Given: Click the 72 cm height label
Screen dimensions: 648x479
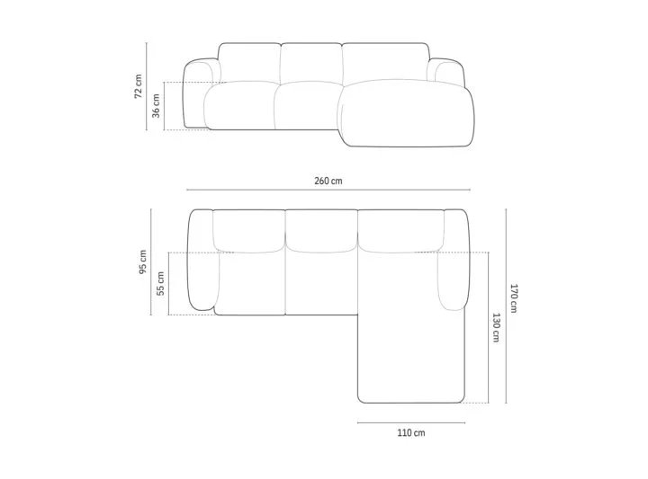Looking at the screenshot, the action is (139, 86).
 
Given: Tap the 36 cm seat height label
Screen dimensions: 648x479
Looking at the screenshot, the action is (156, 106).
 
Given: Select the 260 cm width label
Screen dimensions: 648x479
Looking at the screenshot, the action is (328, 181).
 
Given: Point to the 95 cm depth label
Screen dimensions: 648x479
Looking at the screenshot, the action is (142, 262).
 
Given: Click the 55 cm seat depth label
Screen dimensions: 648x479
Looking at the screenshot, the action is (161, 283).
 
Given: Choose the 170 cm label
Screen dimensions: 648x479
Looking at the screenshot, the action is (513, 298).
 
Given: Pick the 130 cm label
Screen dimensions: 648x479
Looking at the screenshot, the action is (496, 328).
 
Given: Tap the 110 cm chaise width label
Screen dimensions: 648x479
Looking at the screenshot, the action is (411, 433).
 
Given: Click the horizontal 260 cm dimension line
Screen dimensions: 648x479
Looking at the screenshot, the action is (328, 190).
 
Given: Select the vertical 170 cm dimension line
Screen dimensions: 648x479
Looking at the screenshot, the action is (506, 306).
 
